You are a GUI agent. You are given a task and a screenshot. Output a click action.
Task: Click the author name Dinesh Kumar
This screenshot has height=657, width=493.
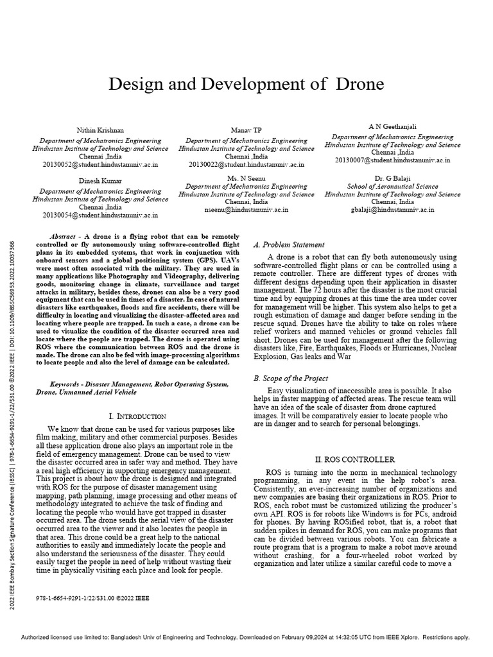point(97,181)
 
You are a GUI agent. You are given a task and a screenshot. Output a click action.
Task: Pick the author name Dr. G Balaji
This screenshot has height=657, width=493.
point(392,177)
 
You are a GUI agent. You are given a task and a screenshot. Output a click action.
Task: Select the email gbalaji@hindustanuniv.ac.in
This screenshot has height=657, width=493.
point(392,210)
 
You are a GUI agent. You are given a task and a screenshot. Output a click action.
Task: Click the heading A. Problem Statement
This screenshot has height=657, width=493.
point(289,245)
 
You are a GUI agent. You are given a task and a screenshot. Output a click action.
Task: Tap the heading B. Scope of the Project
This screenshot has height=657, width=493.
point(291,379)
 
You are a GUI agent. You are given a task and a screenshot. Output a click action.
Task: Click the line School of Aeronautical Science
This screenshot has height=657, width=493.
point(392,186)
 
